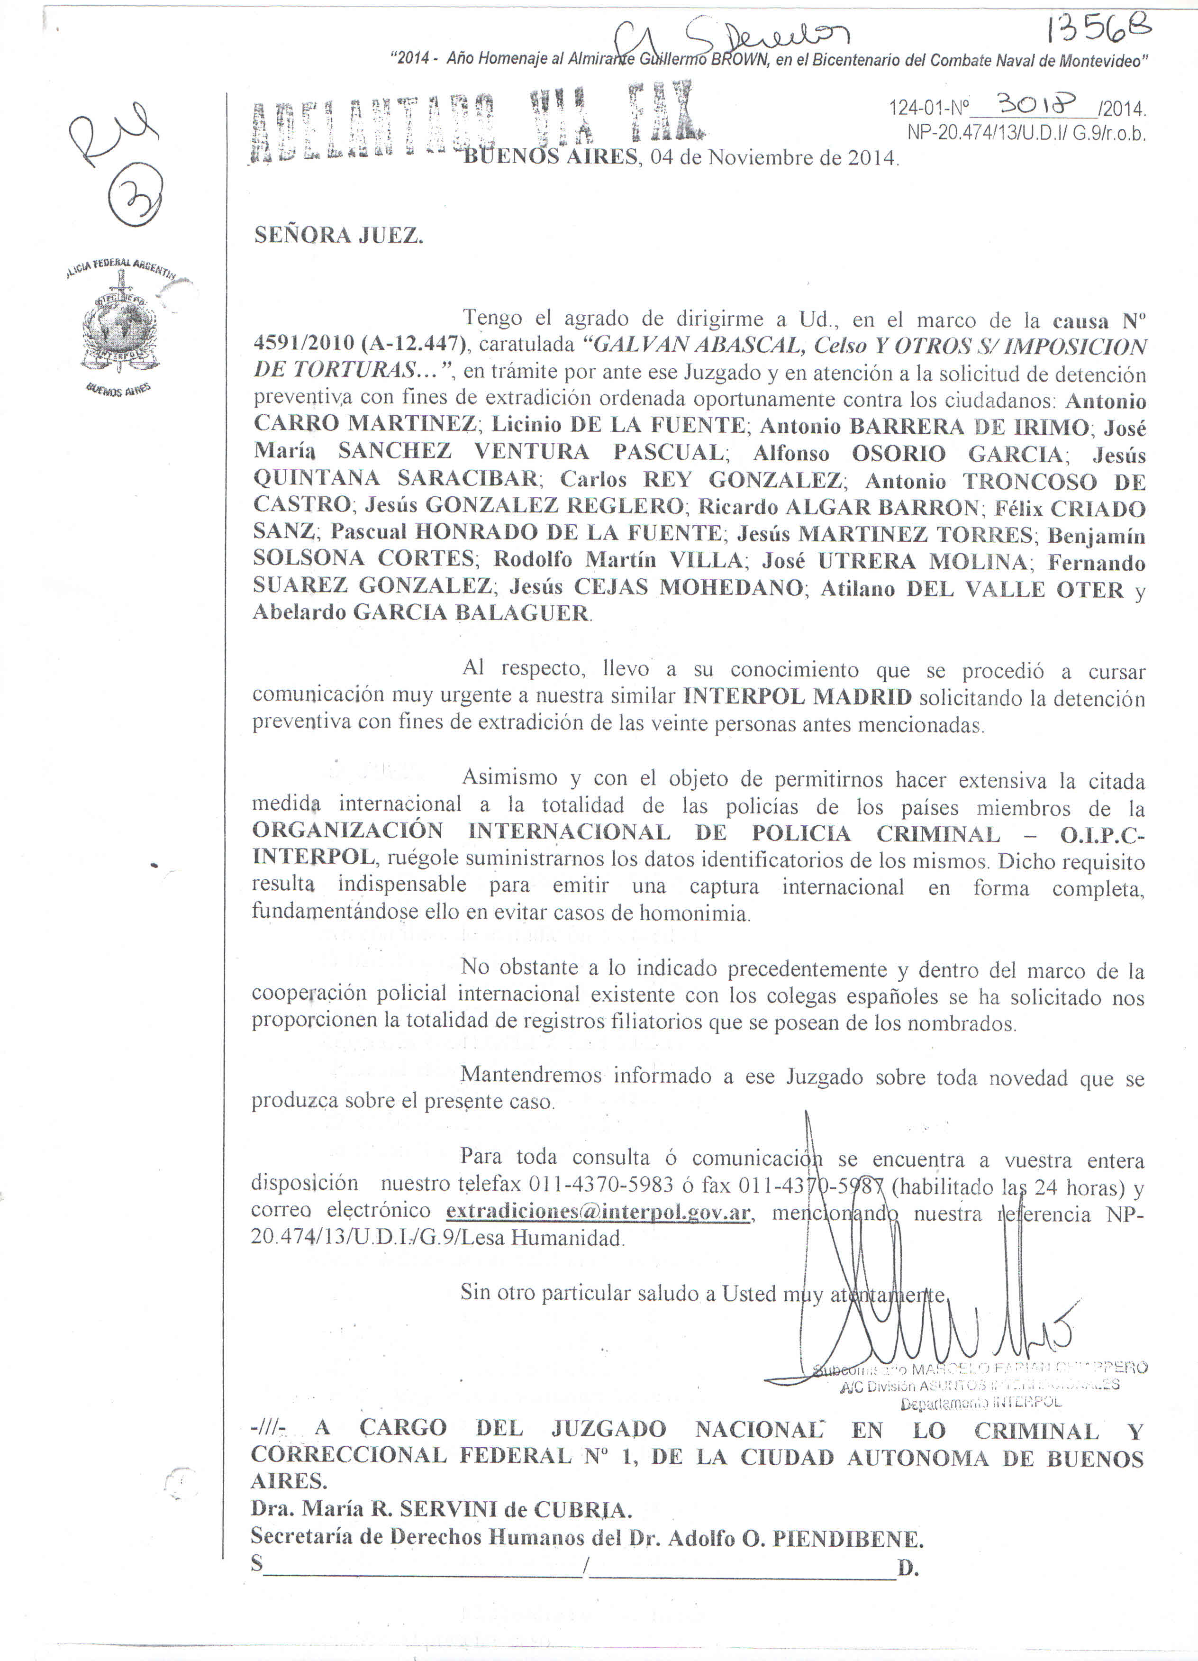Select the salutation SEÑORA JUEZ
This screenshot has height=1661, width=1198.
[x=338, y=235]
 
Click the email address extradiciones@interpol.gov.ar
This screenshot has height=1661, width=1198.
[x=598, y=1211]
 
